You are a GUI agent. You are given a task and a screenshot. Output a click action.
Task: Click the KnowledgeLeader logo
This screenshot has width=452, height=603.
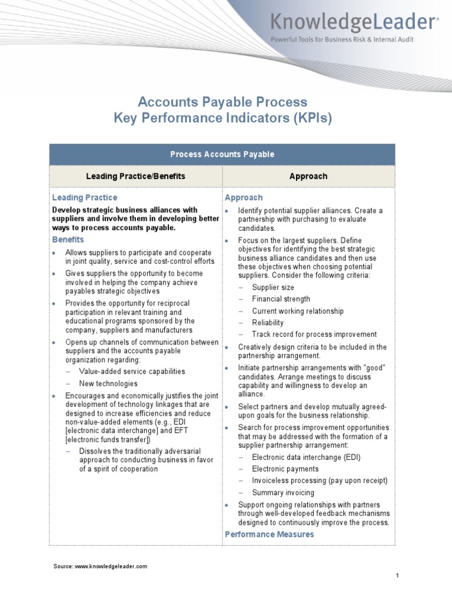[x=354, y=23]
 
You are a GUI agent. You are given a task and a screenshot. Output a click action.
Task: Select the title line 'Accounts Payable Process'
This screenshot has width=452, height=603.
[x=222, y=102]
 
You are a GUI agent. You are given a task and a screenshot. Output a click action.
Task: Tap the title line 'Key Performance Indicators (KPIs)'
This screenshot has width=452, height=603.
[x=222, y=118]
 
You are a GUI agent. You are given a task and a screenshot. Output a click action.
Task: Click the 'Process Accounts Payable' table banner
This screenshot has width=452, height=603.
[x=222, y=154]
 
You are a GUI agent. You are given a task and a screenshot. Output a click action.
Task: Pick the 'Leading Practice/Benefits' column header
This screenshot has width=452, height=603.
[x=135, y=176]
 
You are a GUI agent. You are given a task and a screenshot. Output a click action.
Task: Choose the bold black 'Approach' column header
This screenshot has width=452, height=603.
[x=308, y=176]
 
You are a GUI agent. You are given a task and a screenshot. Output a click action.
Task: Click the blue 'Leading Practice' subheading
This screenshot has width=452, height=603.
[x=85, y=198]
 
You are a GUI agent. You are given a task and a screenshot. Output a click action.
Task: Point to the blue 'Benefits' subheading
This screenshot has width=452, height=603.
[x=68, y=240]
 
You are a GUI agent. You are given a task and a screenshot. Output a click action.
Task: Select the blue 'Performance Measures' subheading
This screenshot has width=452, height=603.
[x=270, y=534]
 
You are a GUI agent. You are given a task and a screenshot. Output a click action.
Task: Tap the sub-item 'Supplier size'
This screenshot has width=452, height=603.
[x=273, y=287]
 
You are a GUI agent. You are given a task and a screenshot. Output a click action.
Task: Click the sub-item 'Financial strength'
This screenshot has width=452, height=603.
[x=281, y=299]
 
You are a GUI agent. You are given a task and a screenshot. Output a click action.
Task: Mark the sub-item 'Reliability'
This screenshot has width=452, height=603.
[x=268, y=323]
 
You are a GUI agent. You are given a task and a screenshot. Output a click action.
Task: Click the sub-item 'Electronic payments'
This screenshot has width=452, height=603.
[x=285, y=469]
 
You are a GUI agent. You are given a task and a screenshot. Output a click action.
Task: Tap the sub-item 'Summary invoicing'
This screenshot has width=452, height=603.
[x=283, y=492]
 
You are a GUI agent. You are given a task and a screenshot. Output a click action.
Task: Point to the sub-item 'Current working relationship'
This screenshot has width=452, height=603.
[x=298, y=311]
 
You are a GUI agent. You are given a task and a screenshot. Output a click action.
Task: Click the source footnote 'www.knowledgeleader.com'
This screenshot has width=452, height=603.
[x=111, y=566]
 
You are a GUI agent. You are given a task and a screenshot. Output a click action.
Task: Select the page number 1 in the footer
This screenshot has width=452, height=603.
[x=398, y=576]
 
